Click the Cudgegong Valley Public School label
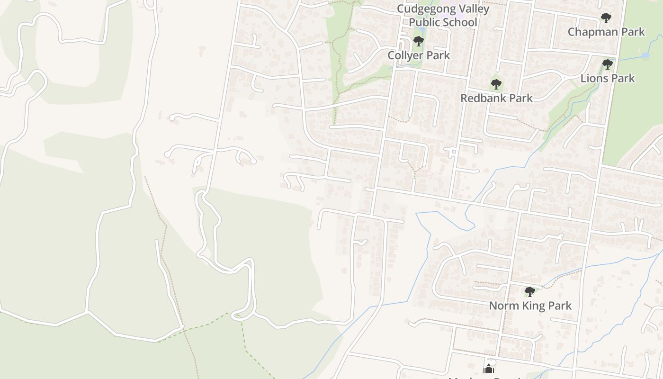click(443, 16)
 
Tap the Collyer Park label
click(419, 55)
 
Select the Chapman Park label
click(606, 32)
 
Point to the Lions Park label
click(608, 78)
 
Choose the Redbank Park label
click(496, 98)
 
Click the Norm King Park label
click(530, 306)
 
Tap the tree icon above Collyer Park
click(418, 41)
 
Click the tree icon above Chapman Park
click(606, 18)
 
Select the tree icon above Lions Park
click(608, 64)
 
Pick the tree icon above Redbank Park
click(496, 85)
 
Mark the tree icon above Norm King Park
click(530, 292)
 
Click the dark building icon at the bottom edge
click(489, 369)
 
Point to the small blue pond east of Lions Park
click(645, 55)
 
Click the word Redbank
click(482, 98)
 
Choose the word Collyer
click(404, 55)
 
